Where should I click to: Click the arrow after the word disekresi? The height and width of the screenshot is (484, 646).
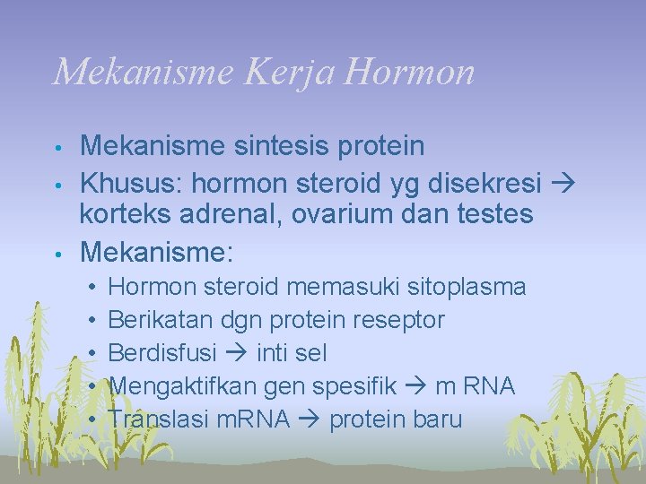point(563,183)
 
